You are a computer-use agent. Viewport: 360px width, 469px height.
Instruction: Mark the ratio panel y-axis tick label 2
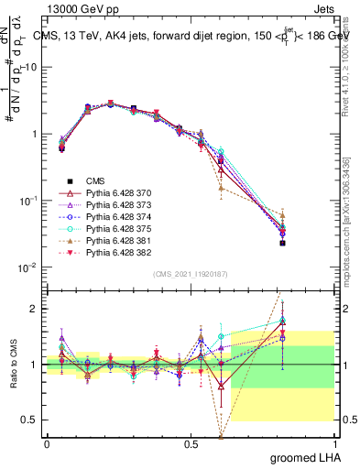click(x=36, y=309)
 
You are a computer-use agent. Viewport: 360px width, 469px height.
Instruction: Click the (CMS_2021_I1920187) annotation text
click(x=191, y=274)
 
